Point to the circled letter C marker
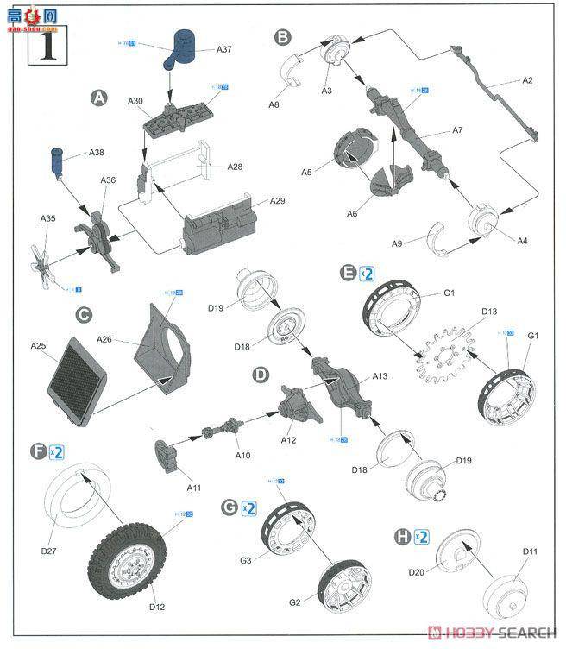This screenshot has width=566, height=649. coord(84,316)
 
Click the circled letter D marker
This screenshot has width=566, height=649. coord(260,375)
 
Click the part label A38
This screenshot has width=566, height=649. coord(97,154)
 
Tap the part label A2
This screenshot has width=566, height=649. coord(528,80)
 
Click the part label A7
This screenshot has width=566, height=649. coord(457,130)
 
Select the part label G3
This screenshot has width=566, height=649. coord(246,560)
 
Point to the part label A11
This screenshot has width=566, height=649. coord(194,488)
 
